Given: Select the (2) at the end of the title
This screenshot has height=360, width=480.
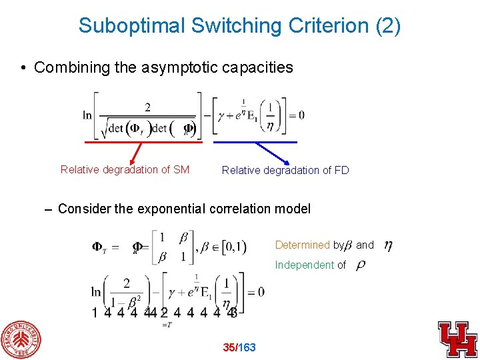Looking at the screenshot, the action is click(x=388, y=25).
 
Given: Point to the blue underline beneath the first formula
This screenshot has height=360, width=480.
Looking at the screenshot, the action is click(x=255, y=141).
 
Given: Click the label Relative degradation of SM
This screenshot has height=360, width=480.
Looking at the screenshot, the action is click(x=125, y=169).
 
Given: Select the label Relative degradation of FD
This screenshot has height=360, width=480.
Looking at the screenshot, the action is click(x=285, y=170).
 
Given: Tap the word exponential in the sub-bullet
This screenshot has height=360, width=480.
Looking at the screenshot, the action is click(x=171, y=209).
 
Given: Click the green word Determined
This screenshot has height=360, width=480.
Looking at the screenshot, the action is click(x=302, y=245).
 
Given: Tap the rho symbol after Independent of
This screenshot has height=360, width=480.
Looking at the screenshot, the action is click(x=361, y=265).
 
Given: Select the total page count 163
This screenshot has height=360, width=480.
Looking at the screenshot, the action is click(x=247, y=347).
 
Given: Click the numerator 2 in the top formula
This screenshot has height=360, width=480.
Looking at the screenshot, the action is click(x=147, y=107).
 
